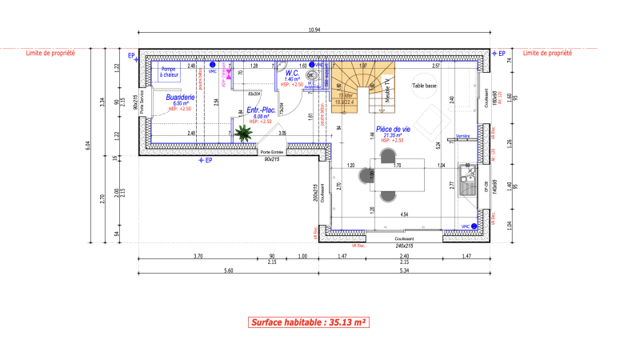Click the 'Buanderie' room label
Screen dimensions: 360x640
pos(178,98)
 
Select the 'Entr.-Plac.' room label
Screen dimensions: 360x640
pos(262,110)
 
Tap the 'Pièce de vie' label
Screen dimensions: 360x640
pos(393,129)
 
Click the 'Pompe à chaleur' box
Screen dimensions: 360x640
pos(168,72)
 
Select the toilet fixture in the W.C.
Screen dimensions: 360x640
pos(314,78)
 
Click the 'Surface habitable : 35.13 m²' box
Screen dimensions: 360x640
pos(308,322)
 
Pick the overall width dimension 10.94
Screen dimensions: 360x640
pos(314,30)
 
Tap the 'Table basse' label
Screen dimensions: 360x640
pos(424,85)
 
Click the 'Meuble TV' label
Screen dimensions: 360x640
pos(386,87)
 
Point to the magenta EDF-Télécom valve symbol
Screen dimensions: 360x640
pos(228,74)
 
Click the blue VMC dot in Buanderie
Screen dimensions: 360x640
pos(213,64)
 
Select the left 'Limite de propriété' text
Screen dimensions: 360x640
pos(50,53)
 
